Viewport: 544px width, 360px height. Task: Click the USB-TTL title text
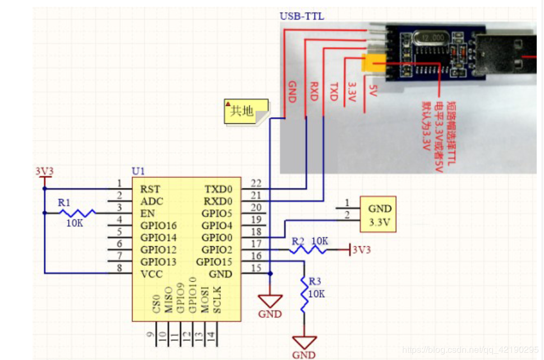point(302,16)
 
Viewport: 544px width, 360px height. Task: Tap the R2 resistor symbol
point(308,250)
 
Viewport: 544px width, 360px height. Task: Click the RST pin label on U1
point(150,189)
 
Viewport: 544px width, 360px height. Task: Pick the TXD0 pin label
point(218,189)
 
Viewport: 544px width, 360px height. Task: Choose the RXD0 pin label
point(218,201)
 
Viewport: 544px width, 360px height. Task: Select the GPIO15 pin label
point(214,262)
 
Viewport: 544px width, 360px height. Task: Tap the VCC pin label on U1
point(150,274)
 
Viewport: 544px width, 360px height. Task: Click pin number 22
point(256,183)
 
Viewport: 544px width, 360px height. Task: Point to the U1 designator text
point(138,170)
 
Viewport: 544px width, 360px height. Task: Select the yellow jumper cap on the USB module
point(372,63)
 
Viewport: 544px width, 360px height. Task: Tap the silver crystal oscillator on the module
point(429,37)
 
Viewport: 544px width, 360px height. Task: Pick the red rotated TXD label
point(334,91)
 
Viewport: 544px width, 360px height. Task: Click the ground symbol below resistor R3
point(305,341)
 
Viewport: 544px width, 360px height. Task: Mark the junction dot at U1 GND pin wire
point(270,274)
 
